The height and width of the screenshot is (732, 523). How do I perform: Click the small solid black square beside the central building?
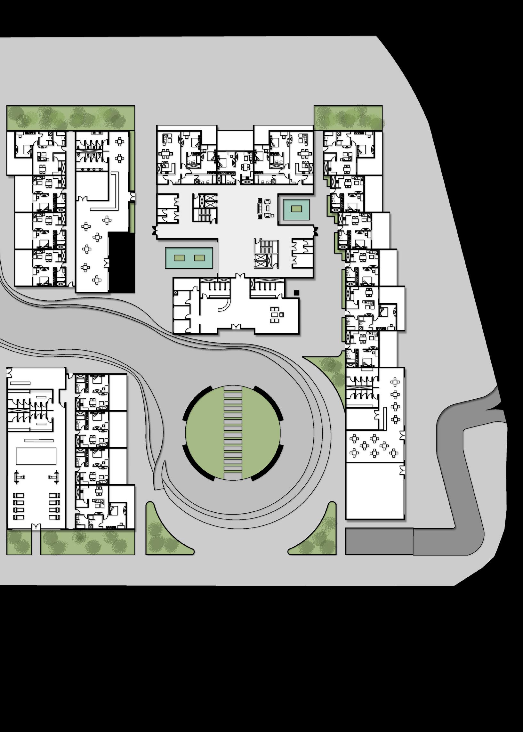tap(296, 293)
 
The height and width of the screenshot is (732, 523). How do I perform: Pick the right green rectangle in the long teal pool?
tap(199, 258)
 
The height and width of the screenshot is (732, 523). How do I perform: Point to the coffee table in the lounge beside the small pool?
tap(268, 208)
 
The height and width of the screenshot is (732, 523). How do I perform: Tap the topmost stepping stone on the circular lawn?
tap(233, 395)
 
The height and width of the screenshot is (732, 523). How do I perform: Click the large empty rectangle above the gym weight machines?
tap(36, 456)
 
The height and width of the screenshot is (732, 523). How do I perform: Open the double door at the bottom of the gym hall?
tap(36, 526)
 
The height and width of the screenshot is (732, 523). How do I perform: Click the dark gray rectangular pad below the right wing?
tap(379, 541)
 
